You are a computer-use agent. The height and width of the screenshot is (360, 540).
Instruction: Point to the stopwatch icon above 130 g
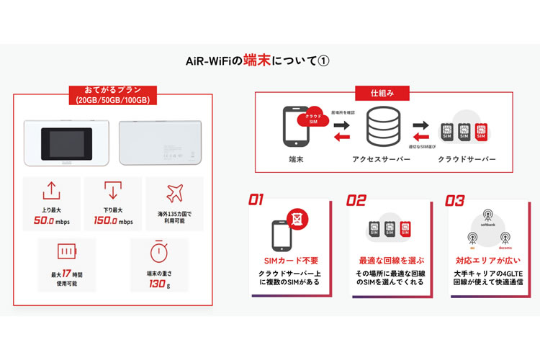click(159, 251)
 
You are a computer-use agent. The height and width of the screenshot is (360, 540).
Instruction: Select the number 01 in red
click(257, 201)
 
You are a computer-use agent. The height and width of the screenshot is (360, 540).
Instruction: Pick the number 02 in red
click(356, 201)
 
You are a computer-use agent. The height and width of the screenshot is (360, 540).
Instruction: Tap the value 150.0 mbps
click(113, 220)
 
